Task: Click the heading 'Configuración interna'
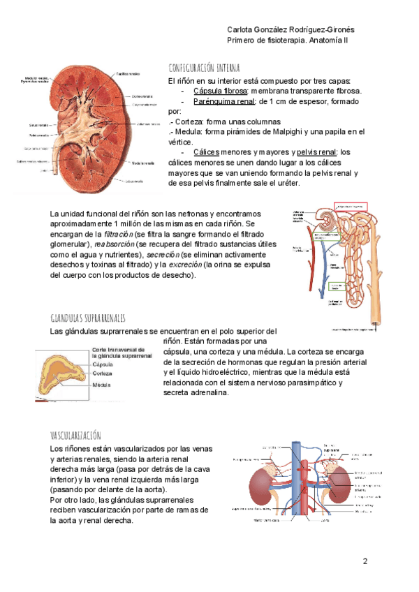coord(205,68)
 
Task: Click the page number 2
coord(365,562)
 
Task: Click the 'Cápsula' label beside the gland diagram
coord(103,364)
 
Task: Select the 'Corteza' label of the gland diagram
coord(102,373)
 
